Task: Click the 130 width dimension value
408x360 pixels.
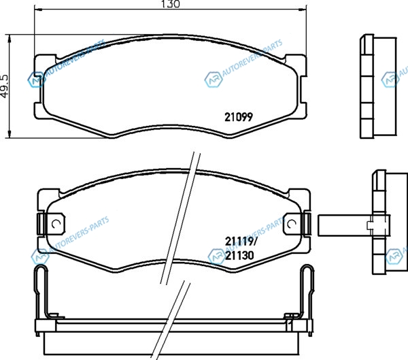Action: tap(171, 4)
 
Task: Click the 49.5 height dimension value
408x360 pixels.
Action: tap(5, 86)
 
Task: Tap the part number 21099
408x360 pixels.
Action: tap(239, 117)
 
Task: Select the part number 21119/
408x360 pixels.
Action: tap(241, 242)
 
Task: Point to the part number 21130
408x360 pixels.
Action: tap(239, 255)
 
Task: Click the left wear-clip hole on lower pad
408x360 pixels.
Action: tap(56, 223)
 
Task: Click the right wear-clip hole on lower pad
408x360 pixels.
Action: tap(292, 223)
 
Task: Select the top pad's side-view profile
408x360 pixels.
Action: tap(378, 86)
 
